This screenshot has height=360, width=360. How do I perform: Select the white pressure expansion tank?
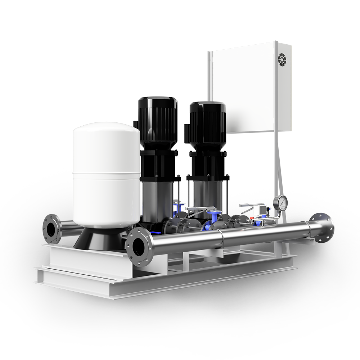[107, 173]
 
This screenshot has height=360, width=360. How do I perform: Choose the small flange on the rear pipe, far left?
[52, 228]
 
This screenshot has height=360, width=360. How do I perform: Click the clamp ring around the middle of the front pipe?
[222, 238]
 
